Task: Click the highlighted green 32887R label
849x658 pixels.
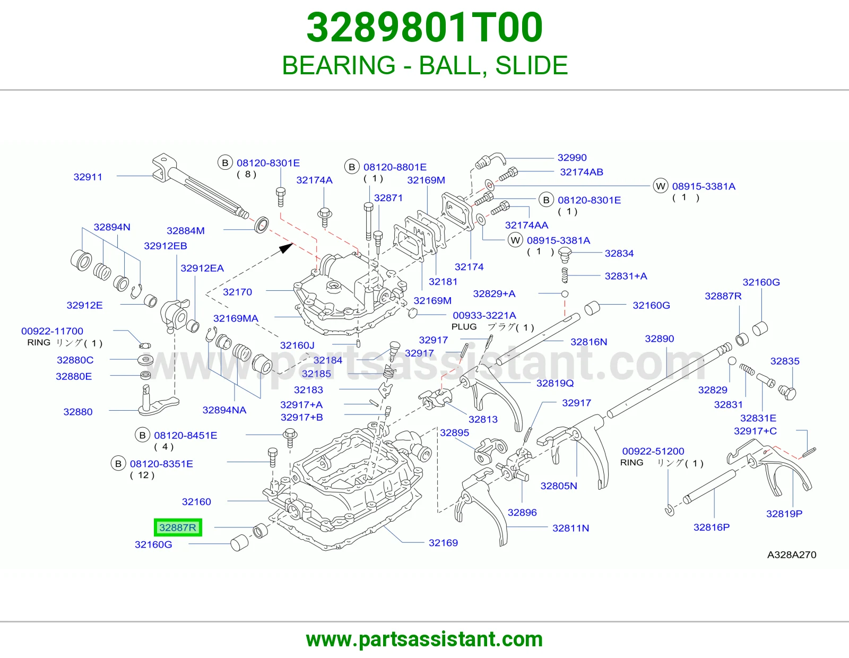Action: coord(178,527)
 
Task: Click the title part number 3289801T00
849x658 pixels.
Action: coord(424,28)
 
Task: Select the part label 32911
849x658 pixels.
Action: coord(88,177)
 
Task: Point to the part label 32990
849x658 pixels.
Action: coord(572,158)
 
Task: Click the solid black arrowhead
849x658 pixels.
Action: coord(287,248)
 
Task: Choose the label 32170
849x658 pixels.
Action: coord(238,292)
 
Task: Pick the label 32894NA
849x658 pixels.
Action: coord(224,410)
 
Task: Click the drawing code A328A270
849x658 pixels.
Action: coord(792,555)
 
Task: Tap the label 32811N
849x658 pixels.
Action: coord(570,529)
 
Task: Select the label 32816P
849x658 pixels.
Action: coord(712,527)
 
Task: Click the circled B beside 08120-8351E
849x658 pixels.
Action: coord(118,463)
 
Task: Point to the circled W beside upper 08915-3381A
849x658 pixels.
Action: coord(661,186)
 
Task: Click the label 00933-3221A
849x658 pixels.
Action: coord(484,315)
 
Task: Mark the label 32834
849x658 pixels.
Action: coord(619,253)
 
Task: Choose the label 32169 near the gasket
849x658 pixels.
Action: coord(443,543)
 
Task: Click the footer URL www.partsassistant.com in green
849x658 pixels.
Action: coord(424,639)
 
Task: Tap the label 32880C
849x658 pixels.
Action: coord(75,360)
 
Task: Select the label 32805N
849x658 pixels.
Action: coord(559,486)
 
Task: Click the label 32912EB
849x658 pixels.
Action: coord(165,246)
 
